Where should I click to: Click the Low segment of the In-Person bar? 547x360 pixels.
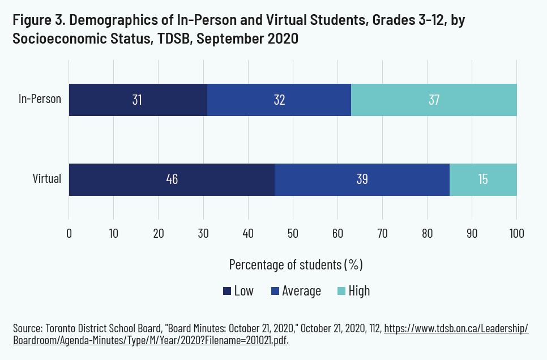pos(138,100)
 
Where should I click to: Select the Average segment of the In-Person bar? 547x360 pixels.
pos(279,100)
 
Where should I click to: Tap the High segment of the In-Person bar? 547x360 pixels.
pos(434,100)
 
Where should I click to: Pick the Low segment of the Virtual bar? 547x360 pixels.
pos(172,179)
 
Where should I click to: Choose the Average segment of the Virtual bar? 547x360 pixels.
pos(362,179)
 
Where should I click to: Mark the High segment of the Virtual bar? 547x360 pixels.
pos(483,179)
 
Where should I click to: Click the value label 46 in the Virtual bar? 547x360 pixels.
pos(172,179)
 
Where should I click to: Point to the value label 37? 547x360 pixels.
pos(434,100)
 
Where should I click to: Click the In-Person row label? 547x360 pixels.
pos(40,100)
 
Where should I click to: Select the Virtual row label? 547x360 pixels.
pos(47,179)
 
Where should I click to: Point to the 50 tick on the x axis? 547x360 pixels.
pos(293,233)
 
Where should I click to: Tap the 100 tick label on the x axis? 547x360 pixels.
pos(516,233)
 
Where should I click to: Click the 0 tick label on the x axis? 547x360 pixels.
pos(69,233)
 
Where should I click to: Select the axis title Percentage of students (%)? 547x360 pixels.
pos(296,264)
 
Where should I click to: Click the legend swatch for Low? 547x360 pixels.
pos(227,291)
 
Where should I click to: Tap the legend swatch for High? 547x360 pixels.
pos(341,291)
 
